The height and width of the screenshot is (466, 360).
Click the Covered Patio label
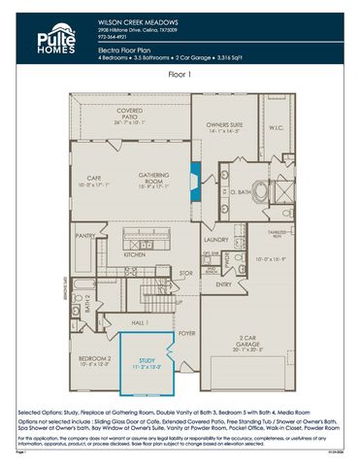pyautogui.click(x=128, y=114)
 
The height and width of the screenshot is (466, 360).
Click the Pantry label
pyautogui.click(x=85, y=234)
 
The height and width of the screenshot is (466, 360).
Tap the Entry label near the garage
pyautogui.click(x=224, y=284)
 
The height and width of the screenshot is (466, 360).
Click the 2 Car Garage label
pyautogui.click(x=251, y=342)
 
